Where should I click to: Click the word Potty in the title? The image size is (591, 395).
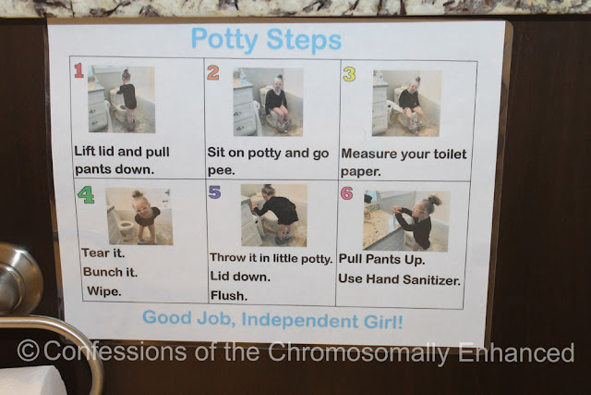[x=224, y=40]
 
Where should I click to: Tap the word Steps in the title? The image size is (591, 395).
[x=304, y=41]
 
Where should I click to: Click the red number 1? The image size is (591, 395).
[x=78, y=70]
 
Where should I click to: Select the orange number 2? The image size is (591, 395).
[x=213, y=72]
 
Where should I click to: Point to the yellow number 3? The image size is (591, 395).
[x=349, y=74]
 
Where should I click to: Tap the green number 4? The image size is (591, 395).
[x=86, y=195]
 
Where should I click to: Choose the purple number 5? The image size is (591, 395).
[x=214, y=191]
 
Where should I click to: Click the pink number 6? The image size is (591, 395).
[x=347, y=193]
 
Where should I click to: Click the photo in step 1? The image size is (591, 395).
[x=121, y=99]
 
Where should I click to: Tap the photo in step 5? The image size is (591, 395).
[x=274, y=216]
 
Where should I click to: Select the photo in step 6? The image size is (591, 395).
[x=406, y=221]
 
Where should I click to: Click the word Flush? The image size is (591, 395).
[x=229, y=295]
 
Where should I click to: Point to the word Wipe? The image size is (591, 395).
[x=104, y=291]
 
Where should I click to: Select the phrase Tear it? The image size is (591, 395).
[x=103, y=253]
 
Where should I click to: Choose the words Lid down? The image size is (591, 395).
[x=240, y=276]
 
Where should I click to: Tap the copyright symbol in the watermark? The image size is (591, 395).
[x=29, y=351]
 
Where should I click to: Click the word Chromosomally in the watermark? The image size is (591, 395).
[x=358, y=353]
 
